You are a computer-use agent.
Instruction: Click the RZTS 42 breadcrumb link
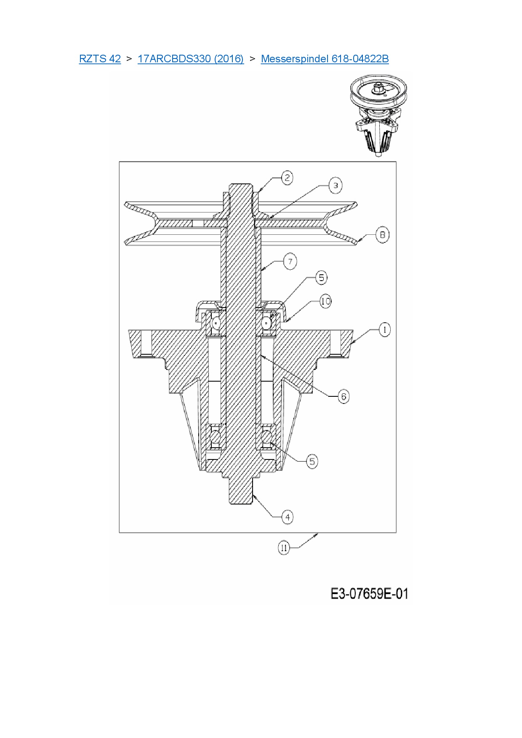100,59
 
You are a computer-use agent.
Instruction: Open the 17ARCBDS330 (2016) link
190,59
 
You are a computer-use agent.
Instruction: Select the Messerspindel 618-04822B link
325,59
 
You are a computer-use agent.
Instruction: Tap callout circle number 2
287,178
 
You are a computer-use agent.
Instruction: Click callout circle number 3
335,185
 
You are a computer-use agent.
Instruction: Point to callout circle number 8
382,234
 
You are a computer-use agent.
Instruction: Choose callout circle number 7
290,261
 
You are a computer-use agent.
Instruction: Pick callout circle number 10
325,301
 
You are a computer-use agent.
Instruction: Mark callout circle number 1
384,329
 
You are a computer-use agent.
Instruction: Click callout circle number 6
344,396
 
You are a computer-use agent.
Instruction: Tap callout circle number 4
288,517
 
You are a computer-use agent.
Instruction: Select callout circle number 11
284,548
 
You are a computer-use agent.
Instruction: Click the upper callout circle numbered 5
321,278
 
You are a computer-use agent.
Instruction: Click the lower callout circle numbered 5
312,461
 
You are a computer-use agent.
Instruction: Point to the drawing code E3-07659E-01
369,594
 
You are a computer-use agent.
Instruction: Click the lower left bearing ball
216,438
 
